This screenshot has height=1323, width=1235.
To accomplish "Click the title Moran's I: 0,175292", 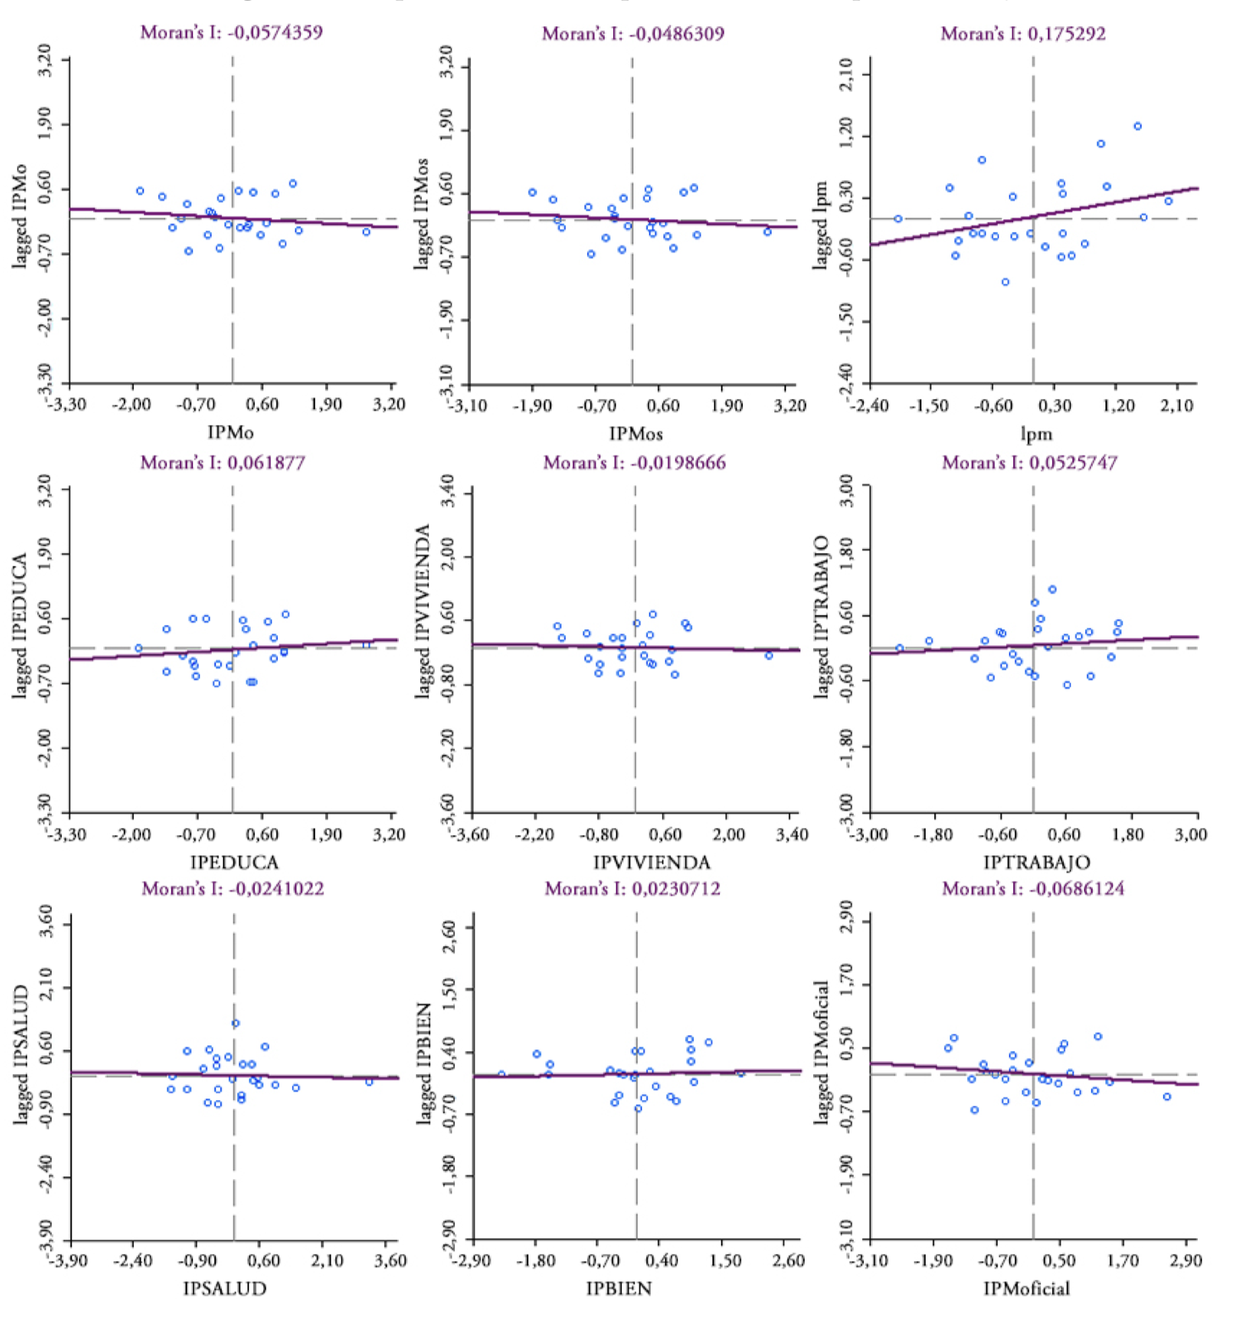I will [1022, 34].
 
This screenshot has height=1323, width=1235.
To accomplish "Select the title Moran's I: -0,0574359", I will [231, 32].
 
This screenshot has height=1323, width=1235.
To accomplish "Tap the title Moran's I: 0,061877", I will [223, 462].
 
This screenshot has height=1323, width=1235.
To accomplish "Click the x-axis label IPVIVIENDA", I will [651, 862].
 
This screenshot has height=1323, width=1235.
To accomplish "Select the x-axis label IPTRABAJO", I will [1036, 862].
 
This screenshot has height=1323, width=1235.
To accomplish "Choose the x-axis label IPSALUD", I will [224, 1288].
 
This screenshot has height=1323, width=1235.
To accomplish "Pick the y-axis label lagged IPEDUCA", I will [20, 626].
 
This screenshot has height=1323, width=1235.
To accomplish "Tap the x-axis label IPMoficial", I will [1026, 1288].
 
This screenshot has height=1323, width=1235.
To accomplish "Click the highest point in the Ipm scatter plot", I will [1138, 126].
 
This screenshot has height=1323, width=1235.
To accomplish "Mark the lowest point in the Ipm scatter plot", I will [1005, 282].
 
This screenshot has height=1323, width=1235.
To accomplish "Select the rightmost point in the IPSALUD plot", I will [369, 1082].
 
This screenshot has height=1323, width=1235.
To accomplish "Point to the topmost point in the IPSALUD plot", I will [235, 1023].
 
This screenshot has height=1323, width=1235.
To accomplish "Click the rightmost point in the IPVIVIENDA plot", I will [769, 656].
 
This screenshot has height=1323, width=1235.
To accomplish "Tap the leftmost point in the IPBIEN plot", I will [501, 1075].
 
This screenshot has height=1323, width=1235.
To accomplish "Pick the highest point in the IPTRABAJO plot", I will [1052, 590].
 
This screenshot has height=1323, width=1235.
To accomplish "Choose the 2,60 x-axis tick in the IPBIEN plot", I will [789, 1260].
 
